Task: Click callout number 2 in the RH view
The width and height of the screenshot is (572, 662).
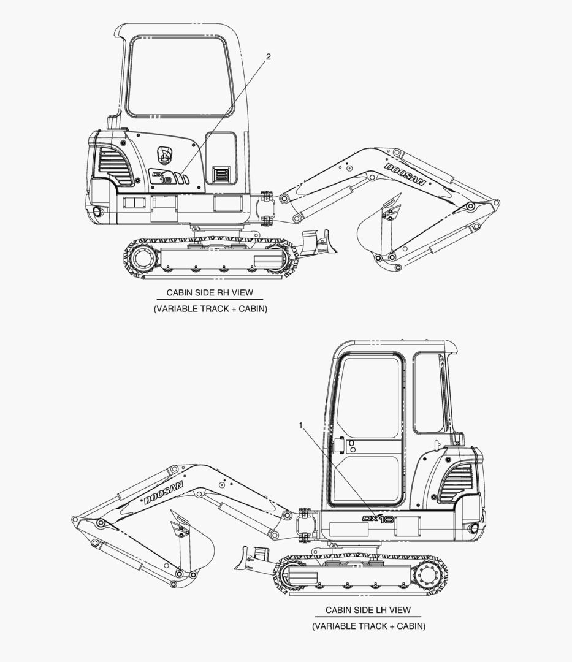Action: point(269,56)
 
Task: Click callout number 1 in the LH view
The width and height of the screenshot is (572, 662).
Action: point(300,425)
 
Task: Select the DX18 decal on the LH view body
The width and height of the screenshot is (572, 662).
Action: point(378,519)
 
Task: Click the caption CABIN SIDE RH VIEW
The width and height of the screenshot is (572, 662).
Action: point(210,292)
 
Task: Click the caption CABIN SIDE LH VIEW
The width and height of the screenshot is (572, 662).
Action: point(368,610)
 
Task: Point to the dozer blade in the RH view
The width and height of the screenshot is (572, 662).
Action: point(319,242)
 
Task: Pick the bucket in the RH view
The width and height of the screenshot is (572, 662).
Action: point(377,241)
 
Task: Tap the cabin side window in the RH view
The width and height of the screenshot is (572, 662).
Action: point(180,77)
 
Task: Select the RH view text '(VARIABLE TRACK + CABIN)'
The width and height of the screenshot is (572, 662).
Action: point(210,308)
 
